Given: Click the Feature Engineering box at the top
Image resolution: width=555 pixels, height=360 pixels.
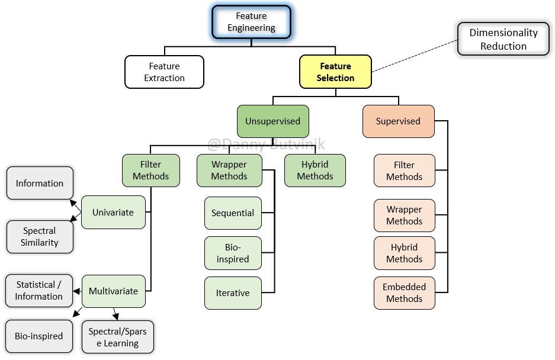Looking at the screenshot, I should tap(251, 22).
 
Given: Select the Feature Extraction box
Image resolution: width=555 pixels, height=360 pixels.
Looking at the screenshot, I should tap(164, 72).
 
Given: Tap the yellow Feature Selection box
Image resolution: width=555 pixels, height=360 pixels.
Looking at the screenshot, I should tap(335, 72).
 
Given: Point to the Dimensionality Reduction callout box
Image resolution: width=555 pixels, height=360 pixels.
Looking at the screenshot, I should tap(503, 40).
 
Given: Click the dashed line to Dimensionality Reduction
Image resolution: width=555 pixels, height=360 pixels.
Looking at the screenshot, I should tap(415, 56).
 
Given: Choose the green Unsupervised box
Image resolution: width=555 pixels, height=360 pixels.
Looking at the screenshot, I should tap(272, 121).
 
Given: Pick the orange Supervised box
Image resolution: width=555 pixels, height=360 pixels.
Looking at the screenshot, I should tap(398, 121).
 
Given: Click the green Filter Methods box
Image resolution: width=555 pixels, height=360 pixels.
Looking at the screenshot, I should tap(150, 171).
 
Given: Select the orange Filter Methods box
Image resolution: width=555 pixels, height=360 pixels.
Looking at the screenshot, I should tap(404, 171).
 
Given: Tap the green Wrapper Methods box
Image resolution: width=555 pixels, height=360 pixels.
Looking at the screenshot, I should tap(229, 171).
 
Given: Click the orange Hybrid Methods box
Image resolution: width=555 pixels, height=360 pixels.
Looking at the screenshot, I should tap(404, 253).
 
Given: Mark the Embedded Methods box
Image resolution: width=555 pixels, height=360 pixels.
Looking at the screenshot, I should tap(404, 292).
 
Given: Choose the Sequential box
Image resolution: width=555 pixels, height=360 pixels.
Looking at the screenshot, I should tap(233, 213).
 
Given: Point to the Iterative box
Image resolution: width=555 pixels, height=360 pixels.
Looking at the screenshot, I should tap(233, 292).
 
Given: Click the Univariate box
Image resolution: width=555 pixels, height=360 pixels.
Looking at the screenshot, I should tap(113, 212).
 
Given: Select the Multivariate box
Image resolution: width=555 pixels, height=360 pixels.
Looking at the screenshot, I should tap(113, 291).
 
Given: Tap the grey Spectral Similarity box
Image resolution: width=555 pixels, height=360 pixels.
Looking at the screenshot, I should tap(39, 236).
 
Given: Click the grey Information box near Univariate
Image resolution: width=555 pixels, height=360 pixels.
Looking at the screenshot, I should tap(39, 183).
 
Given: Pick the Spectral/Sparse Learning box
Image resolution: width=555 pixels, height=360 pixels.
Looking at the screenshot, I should tap(117, 337).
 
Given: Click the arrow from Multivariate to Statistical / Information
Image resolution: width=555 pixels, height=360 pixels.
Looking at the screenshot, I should tap(77, 291).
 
